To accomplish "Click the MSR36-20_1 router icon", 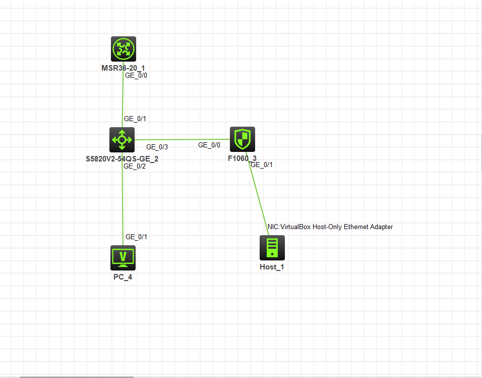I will [x=124, y=49].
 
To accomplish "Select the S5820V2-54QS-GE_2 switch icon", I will [x=122, y=139].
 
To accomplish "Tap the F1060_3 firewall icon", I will [x=243, y=139].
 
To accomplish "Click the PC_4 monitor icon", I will [x=123, y=258].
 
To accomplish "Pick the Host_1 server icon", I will [x=272, y=248].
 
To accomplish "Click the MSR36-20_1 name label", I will [x=124, y=67].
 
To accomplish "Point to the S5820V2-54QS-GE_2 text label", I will [x=123, y=158].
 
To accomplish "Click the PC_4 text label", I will [x=123, y=277].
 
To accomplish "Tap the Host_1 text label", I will [x=272, y=266].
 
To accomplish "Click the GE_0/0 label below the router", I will [x=136, y=76].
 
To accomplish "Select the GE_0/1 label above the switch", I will [x=135, y=119].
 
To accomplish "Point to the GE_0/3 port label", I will [x=157, y=147].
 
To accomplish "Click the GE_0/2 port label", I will [x=135, y=166].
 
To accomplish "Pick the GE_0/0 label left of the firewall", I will [x=209, y=145].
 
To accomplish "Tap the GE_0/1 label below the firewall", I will [x=262, y=165].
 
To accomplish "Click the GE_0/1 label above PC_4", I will [x=137, y=237].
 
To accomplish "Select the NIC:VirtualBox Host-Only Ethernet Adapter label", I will [x=330, y=227].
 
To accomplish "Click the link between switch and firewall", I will [x=182, y=139].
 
